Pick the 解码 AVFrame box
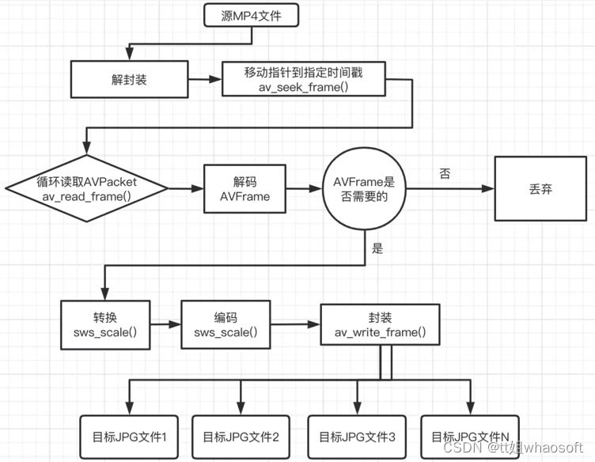pyautogui.click(x=245, y=189)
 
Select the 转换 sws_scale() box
pyautogui.click(x=104, y=324)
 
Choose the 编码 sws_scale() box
pyautogui.click(x=225, y=324)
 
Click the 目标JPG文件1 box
pyautogui.click(x=129, y=436)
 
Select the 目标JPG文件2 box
pyautogui.click(x=241, y=436)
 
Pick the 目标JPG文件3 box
pyautogui.click(x=357, y=436)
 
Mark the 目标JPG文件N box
pyautogui.click(x=470, y=436)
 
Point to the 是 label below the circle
pyautogui.click(x=377, y=248)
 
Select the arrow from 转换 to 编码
pyautogui.click(x=165, y=324)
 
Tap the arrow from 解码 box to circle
pyautogui.click(x=304, y=189)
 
